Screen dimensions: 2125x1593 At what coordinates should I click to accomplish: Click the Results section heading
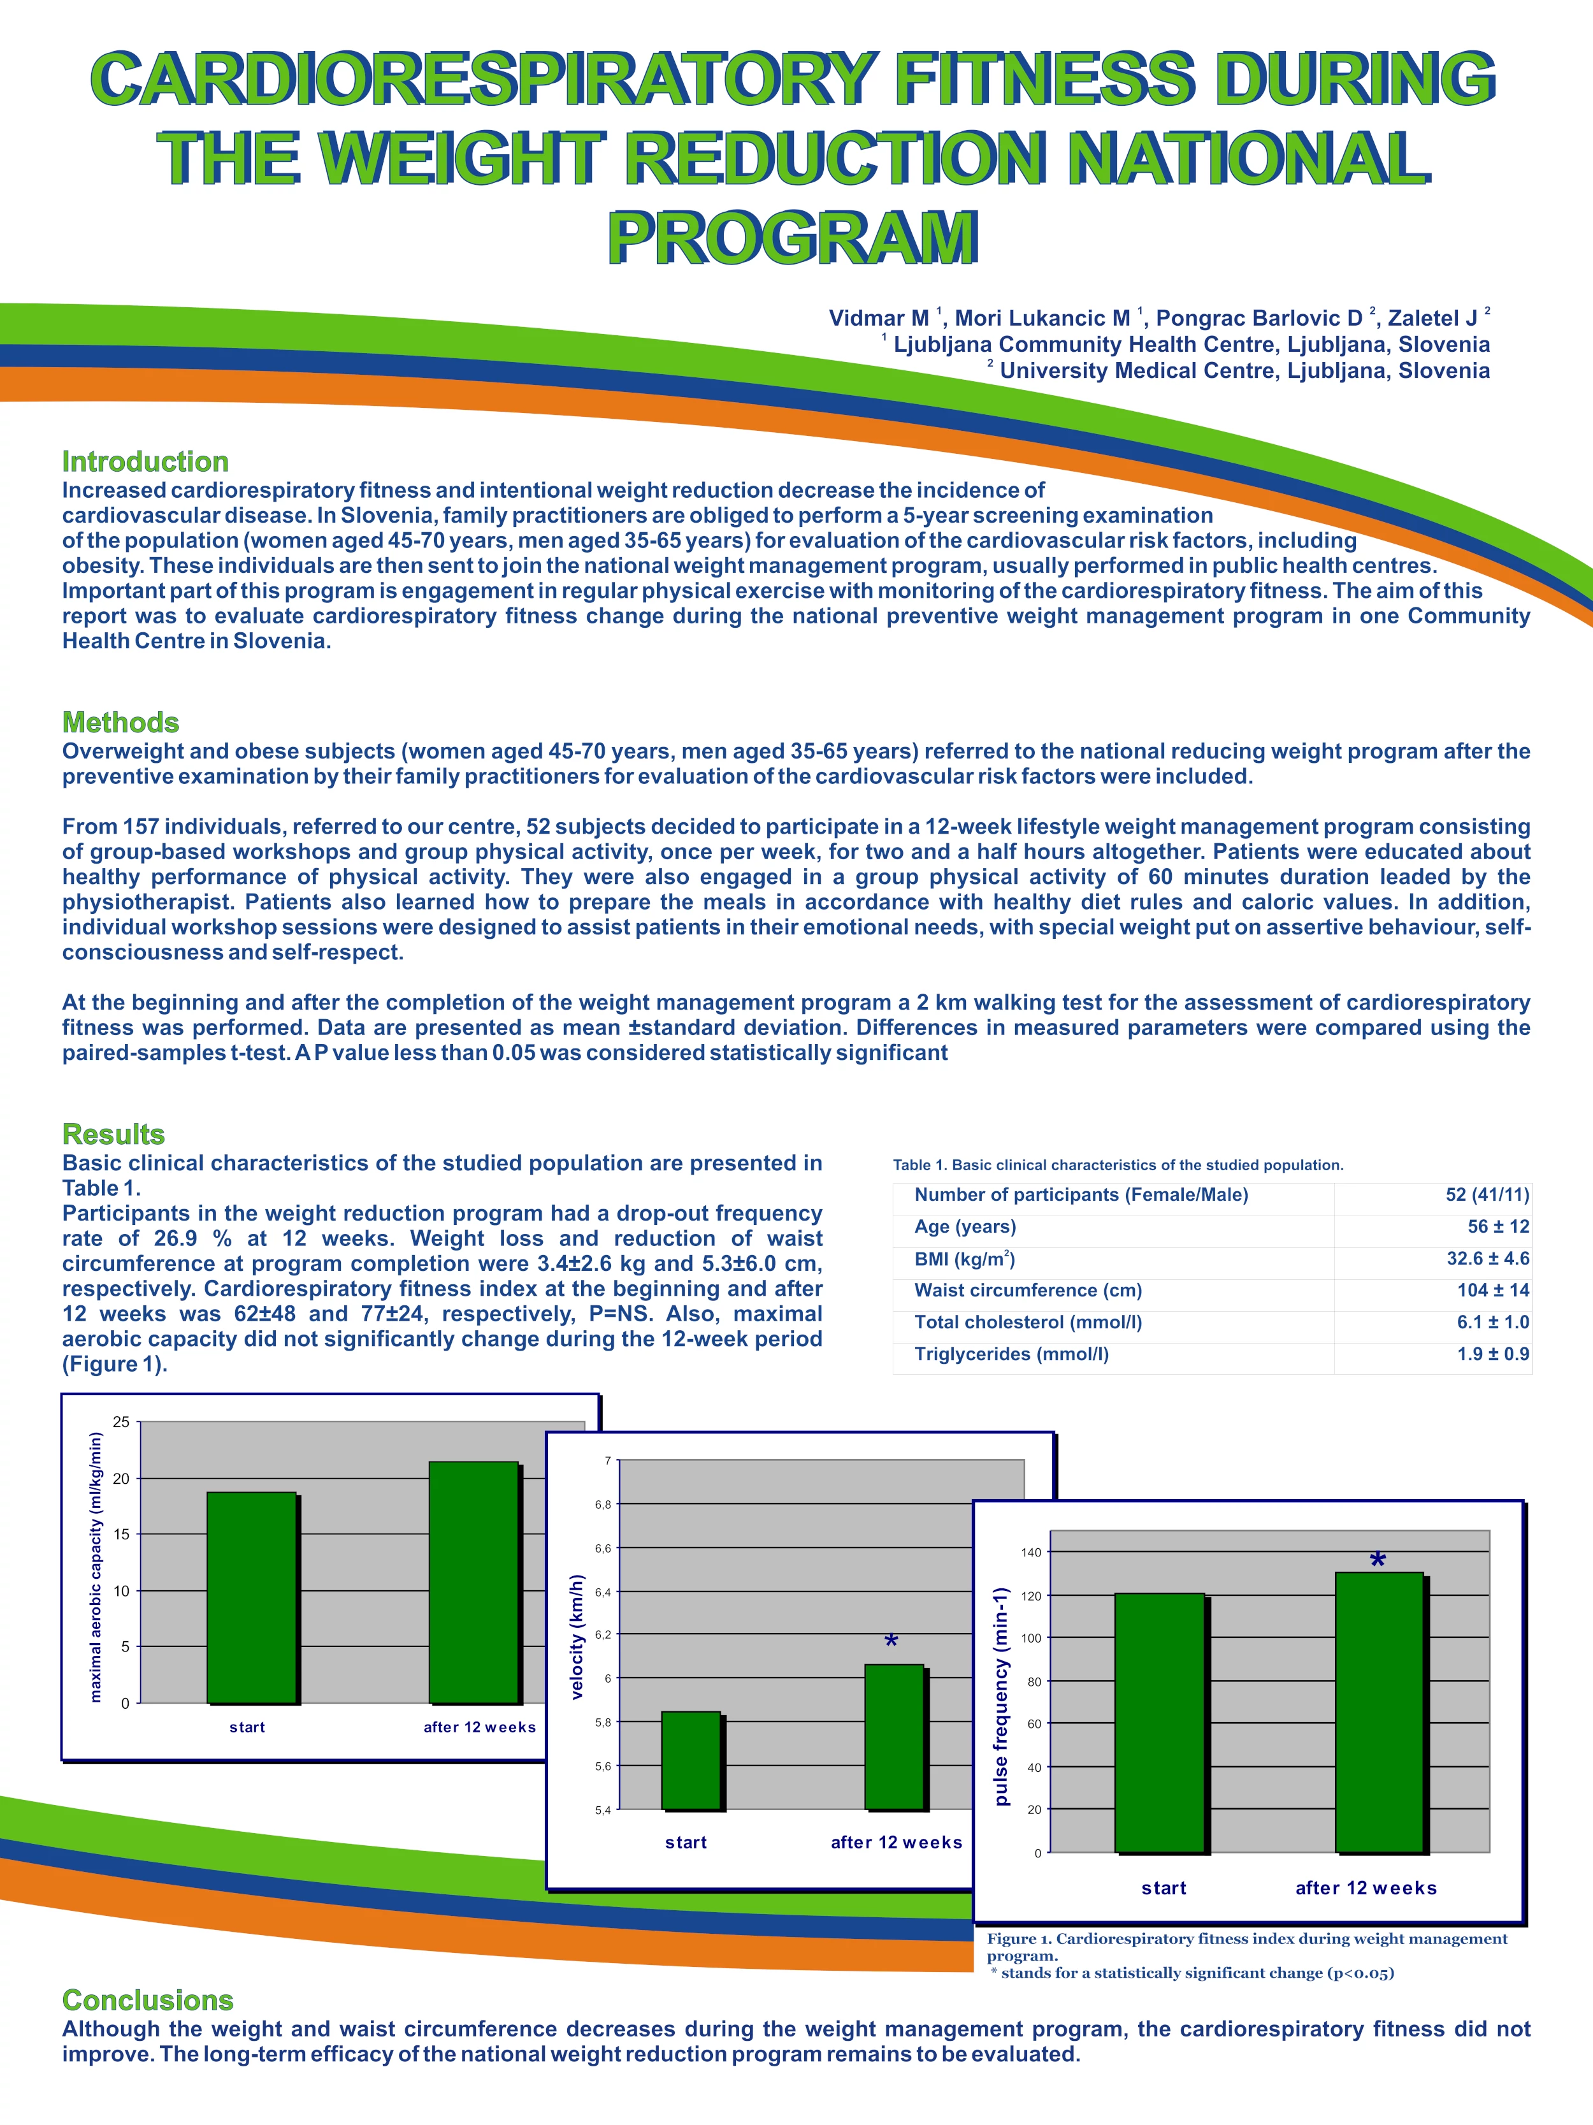click(x=113, y=1134)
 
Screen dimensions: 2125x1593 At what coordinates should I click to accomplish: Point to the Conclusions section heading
click(x=148, y=1999)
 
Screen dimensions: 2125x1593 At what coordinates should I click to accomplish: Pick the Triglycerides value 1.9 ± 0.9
click(x=1492, y=1354)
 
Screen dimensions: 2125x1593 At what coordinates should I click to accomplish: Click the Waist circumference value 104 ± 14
click(x=1492, y=1290)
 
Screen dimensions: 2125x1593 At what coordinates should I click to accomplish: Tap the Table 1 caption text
click(x=1118, y=1164)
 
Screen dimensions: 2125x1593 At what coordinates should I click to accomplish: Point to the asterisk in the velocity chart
click(x=891, y=1643)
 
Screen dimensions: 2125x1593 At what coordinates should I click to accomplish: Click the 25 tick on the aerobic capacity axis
click(x=121, y=1422)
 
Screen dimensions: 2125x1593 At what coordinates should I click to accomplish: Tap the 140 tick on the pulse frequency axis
click(x=1031, y=1553)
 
